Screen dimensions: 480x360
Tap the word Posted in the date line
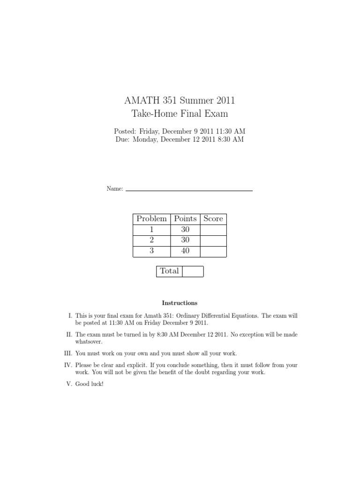tap(125, 131)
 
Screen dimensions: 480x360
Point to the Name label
tap(115, 188)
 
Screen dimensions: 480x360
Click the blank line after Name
tap(189, 189)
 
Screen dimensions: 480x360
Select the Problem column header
tap(151, 219)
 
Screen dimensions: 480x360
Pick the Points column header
tap(185, 219)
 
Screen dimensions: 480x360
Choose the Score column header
tap(213, 219)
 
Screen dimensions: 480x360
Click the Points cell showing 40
tap(185, 251)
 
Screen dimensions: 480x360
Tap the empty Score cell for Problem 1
tap(213, 230)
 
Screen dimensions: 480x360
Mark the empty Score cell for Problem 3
tap(213, 251)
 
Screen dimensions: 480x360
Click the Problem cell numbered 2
tap(151, 240)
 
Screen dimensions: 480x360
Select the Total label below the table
tap(169, 271)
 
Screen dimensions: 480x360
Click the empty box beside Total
tap(193, 271)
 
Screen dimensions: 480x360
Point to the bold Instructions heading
tap(180, 303)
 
